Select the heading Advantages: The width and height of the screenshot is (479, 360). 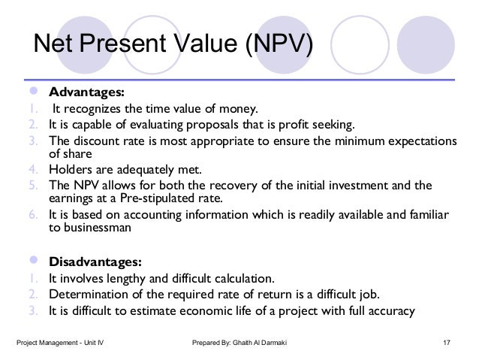tap(86, 93)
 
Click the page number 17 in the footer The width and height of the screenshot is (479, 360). tap(447, 344)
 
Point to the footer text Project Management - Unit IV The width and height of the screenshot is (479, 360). tap(60, 344)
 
